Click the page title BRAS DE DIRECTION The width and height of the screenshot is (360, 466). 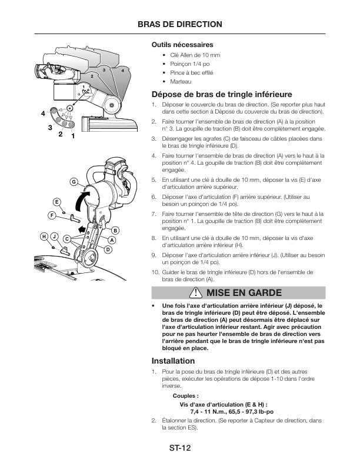coord(179,24)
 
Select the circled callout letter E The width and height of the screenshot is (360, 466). coord(57,202)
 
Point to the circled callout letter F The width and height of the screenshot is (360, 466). coord(52,216)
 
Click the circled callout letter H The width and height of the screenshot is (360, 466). coord(44,237)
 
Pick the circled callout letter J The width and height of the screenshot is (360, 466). coord(54,237)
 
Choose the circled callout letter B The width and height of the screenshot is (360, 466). coord(116,229)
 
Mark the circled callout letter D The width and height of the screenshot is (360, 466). coord(108,249)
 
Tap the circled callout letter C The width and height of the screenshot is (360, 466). coord(68,238)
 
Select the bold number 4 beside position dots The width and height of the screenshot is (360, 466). coord(43,112)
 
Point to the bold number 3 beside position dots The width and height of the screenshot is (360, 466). coord(50,127)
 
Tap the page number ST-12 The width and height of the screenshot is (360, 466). coord(179,448)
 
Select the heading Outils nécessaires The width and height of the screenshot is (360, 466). coord(182,45)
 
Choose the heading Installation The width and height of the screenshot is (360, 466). coord(173,360)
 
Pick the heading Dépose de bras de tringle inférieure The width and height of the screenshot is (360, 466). coord(222,94)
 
